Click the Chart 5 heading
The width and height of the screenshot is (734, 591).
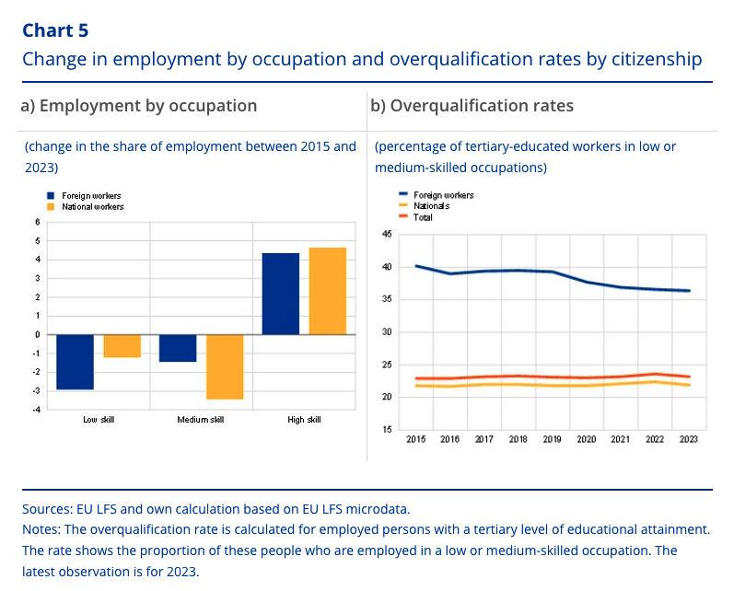(55, 29)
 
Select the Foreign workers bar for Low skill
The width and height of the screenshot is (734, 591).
(75, 362)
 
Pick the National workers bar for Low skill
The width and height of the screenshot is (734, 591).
(122, 345)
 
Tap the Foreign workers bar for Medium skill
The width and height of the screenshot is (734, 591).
(178, 348)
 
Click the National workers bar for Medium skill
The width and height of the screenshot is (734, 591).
(225, 366)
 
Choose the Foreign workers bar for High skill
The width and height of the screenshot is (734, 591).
(281, 294)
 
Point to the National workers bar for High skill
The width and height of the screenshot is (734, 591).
(328, 291)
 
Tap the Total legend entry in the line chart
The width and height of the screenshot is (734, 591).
(423, 217)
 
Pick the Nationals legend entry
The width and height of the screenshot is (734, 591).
(430, 206)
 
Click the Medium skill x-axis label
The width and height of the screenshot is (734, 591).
(201, 421)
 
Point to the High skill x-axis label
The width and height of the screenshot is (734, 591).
(304, 421)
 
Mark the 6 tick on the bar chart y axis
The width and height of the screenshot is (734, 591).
(38, 222)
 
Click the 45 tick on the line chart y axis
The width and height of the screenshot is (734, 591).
(387, 235)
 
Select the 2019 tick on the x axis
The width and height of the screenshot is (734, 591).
(551, 440)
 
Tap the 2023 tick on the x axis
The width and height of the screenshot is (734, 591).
(687, 440)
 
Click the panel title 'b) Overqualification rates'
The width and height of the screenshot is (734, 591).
(472, 106)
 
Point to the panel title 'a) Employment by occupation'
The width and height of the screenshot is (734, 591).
(138, 106)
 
